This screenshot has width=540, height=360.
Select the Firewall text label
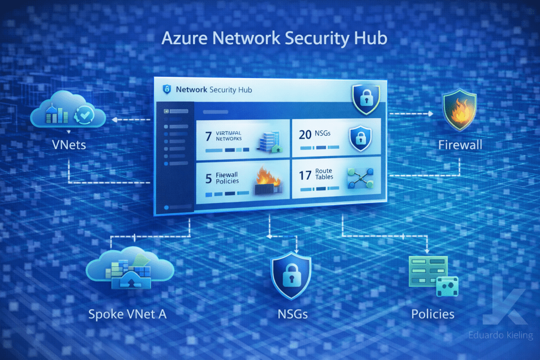point(460,144)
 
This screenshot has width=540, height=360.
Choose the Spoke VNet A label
point(128,314)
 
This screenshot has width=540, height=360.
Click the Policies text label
point(432,314)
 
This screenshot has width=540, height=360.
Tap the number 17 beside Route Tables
point(305,176)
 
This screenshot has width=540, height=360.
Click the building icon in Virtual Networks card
point(268,140)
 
